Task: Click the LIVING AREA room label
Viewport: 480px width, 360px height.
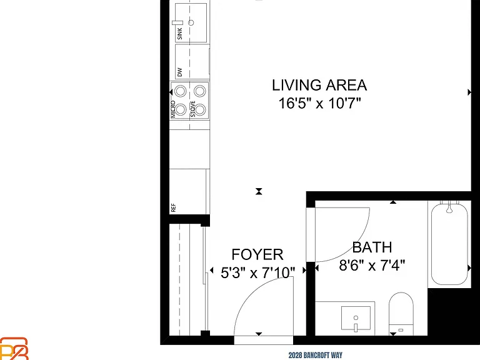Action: [x=319, y=85]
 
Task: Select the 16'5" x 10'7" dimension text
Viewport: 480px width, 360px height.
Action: [x=319, y=103]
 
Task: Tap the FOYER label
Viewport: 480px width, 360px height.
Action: [x=257, y=254]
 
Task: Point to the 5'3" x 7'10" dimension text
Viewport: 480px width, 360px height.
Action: [x=257, y=272]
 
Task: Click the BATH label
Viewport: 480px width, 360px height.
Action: [x=372, y=247]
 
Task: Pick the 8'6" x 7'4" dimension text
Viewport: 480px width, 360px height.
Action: [x=372, y=265]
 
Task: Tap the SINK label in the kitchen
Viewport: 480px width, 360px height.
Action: [x=180, y=34]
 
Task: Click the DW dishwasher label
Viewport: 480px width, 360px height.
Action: [x=179, y=72]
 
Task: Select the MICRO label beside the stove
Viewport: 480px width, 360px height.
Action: [x=173, y=109]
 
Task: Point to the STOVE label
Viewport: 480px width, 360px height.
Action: [x=193, y=109]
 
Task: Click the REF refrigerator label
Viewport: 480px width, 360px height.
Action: [x=173, y=208]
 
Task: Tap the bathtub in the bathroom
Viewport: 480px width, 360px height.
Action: [x=449, y=244]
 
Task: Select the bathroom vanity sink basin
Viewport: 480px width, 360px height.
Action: [x=356, y=317]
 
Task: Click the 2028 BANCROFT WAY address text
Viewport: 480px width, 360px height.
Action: [x=315, y=356]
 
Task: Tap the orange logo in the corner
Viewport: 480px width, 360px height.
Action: [x=14, y=349]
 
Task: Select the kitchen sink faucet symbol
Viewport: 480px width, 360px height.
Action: [x=177, y=22]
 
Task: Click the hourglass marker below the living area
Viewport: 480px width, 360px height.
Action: [x=259, y=192]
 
